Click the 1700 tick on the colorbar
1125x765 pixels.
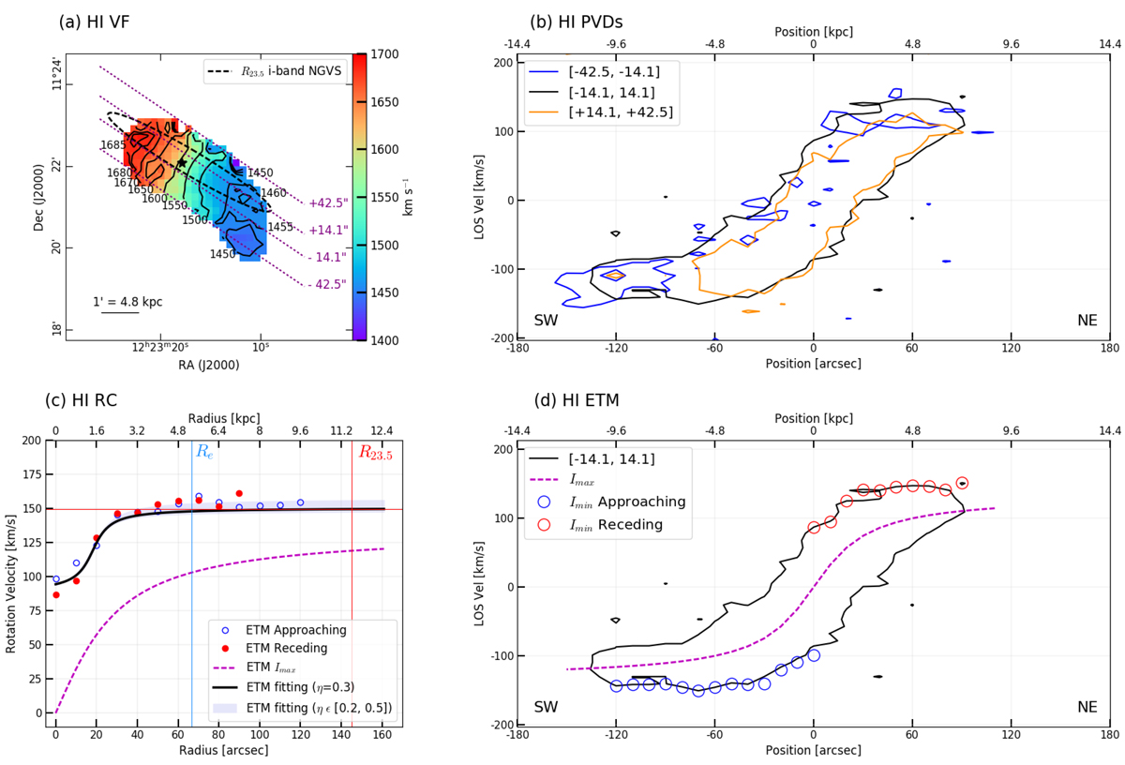pyautogui.click(x=387, y=54)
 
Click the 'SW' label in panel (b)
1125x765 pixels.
pyautogui.click(x=547, y=322)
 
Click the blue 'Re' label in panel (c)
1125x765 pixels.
pyautogui.click(x=203, y=451)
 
